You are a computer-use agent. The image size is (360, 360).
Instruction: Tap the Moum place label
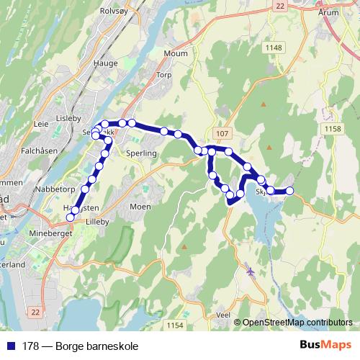(176, 54)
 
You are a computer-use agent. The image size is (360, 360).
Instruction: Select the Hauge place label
(105, 63)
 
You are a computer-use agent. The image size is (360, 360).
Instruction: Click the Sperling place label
(141, 154)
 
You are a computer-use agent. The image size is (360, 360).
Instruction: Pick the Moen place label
(140, 206)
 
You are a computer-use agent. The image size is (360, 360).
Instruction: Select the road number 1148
(274, 48)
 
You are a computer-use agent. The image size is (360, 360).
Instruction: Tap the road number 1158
(332, 128)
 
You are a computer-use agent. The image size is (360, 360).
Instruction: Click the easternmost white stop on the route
(290, 191)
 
